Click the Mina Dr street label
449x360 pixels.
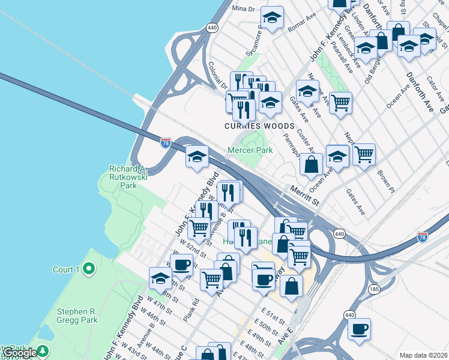click(x=244, y=8)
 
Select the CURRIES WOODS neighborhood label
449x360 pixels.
click(x=259, y=127)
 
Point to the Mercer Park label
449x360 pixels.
click(x=250, y=150)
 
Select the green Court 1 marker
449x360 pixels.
click(x=89, y=269)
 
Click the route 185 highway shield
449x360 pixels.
click(x=375, y=289)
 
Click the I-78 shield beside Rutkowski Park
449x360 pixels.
click(x=166, y=143)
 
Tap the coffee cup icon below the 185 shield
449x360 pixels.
click(x=359, y=329)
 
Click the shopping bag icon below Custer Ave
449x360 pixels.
click(x=311, y=164)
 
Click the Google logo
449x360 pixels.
click(x=19, y=353)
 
